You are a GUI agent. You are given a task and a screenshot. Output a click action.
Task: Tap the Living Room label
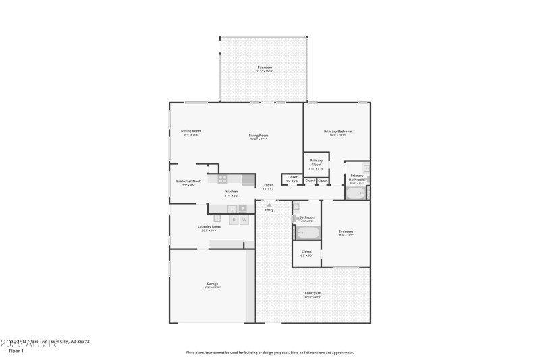pos(259,136)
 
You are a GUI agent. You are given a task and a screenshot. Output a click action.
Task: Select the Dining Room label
pos(191,131)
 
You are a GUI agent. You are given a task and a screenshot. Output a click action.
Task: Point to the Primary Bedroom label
pos(337,132)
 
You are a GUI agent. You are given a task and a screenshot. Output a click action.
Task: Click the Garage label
pos(212,284)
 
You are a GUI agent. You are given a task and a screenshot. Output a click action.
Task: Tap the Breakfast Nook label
pos(188,181)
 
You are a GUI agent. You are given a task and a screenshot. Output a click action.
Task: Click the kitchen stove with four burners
pos(223,179)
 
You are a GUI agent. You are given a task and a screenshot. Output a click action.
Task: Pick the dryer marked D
pos(234,219)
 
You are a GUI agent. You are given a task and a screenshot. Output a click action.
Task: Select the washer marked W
pos(244,219)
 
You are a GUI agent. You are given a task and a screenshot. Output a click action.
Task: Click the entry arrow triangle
pos(269,204)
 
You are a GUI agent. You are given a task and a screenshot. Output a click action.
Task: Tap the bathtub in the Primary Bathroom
pos(355,193)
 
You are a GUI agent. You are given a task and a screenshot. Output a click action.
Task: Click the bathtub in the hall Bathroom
pos(308,233)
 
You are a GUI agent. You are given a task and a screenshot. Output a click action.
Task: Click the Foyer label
pos(268,184)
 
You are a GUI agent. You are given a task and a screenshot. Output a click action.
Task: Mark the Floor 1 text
pos(16,351)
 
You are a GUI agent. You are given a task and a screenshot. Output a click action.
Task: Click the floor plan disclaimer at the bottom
pos(269,352)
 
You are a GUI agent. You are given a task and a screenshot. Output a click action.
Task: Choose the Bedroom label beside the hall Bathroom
pos(346,232)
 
